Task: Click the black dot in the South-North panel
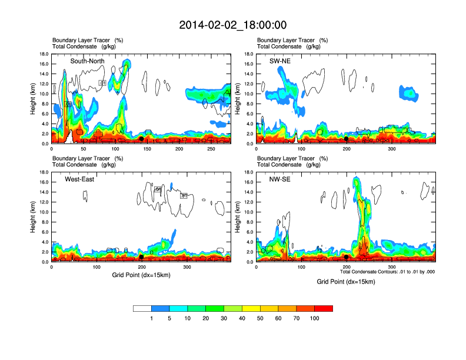pyautogui.click(x=141, y=139)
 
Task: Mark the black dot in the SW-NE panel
pyautogui.click(x=346, y=139)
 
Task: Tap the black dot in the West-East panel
pyautogui.click(x=141, y=257)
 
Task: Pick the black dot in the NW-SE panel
pyautogui.click(x=346, y=257)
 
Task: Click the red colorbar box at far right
pyautogui.click(x=324, y=308)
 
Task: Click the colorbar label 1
pyautogui.click(x=152, y=318)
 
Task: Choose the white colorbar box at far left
pyautogui.click(x=142, y=308)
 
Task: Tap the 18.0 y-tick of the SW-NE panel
pyautogui.click(x=248, y=54)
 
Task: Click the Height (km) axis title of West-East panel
pyautogui.click(x=34, y=216)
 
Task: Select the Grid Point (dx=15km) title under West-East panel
pyautogui.click(x=140, y=274)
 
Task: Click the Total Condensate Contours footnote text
pyautogui.click(x=387, y=272)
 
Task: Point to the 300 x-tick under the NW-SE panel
pyautogui.click(x=391, y=267)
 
